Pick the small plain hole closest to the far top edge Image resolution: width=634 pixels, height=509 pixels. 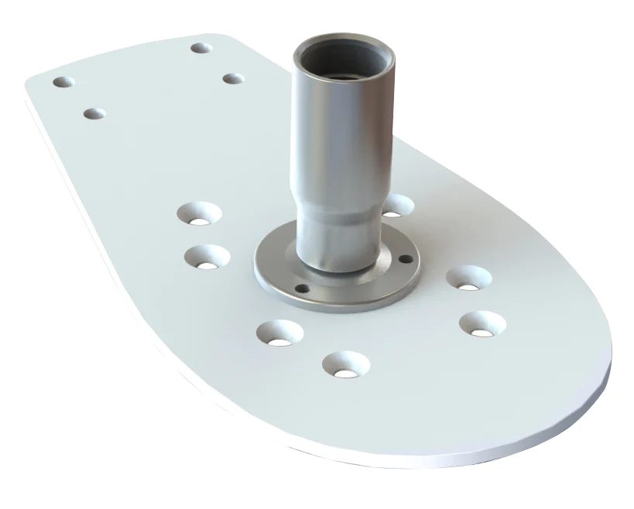tap(201, 48)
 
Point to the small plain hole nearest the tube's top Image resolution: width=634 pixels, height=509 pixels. tap(233, 78)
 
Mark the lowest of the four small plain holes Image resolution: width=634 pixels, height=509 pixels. tap(94, 114)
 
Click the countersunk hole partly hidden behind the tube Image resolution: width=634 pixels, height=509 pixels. tap(397, 206)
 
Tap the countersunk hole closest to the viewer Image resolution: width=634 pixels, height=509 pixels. tap(346, 364)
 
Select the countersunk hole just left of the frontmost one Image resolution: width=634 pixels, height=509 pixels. tap(280, 332)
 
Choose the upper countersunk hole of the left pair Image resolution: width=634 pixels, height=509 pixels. tap(199, 213)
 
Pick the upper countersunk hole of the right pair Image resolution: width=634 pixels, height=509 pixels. tap(468, 278)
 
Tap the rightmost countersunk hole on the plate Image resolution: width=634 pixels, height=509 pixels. tap(481, 323)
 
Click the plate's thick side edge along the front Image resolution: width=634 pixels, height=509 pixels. tap(434, 456)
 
